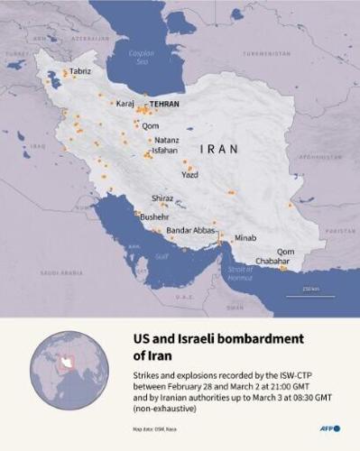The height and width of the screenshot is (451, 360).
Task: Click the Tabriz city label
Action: coord(79,70)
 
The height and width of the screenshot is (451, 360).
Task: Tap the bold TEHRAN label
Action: coord(163,104)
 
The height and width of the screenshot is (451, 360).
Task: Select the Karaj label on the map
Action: coord(125,104)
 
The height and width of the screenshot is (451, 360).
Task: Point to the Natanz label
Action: coord(167,141)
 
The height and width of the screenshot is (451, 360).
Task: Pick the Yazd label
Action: coord(189,175)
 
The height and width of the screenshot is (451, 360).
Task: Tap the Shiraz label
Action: coord(162,198)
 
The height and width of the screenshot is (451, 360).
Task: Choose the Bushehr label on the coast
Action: coord(154,217)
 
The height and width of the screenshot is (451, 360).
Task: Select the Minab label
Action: coord(245,238)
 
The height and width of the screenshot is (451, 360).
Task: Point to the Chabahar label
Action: coord(273,261)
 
